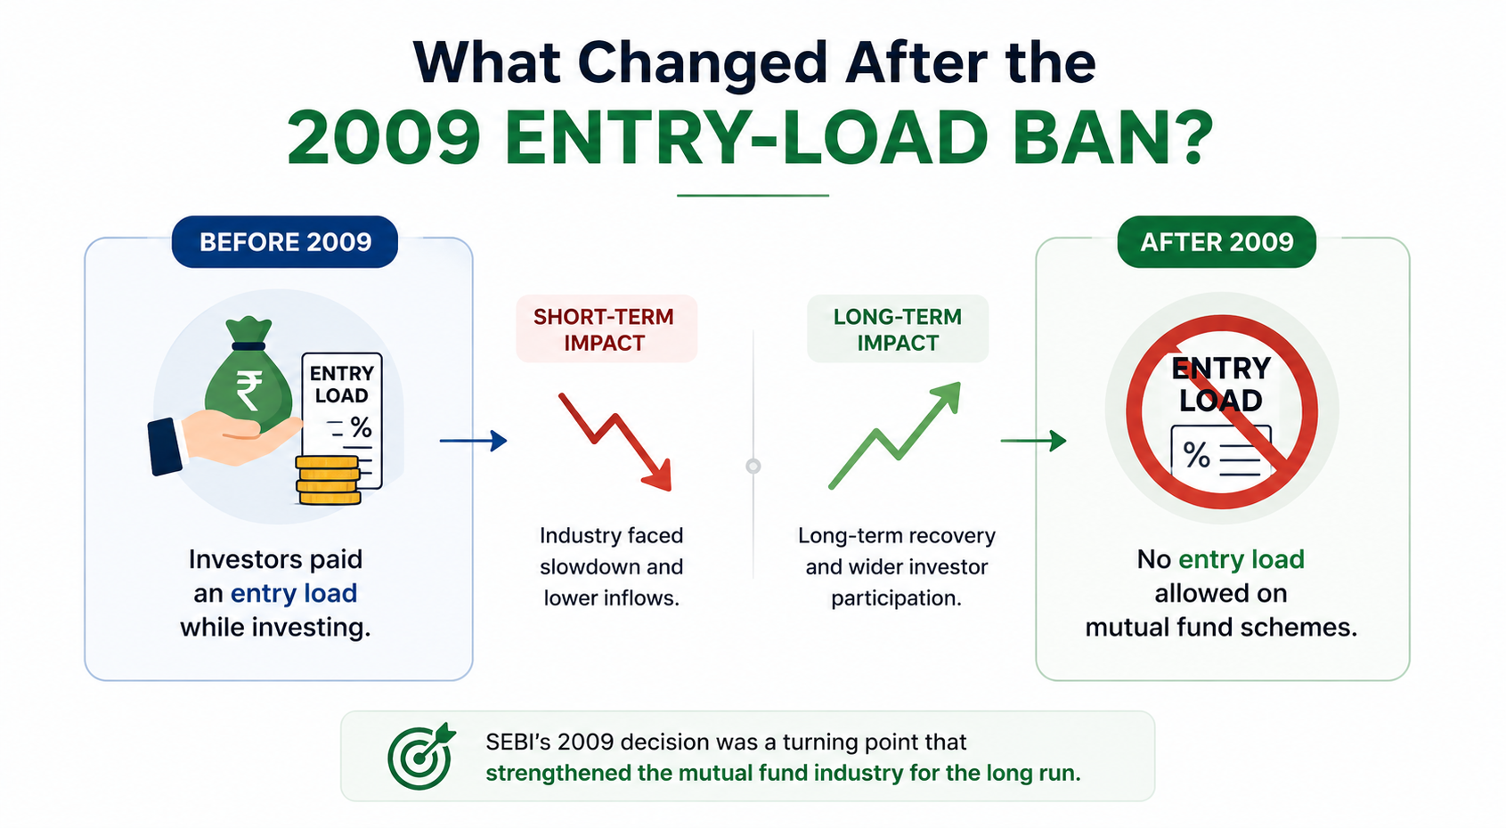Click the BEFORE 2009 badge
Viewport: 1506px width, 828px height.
coord(284,242)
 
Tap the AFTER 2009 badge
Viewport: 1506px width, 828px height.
coord(1217,242)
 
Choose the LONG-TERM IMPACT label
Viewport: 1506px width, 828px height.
coord(898,329)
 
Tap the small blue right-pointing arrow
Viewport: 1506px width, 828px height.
coord(473,441)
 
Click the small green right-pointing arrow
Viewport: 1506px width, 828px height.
coord(1033,441)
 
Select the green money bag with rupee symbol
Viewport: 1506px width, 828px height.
coord(249,377)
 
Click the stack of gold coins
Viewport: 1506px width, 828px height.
coord(328,480)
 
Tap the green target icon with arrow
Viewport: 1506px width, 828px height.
coord(421,756)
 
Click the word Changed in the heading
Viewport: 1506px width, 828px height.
coord(701,62)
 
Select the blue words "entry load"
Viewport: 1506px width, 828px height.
coord(294,594)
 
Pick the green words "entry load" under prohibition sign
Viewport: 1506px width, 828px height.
coord(1241,559)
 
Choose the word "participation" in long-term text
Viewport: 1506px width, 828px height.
coord(896,598)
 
